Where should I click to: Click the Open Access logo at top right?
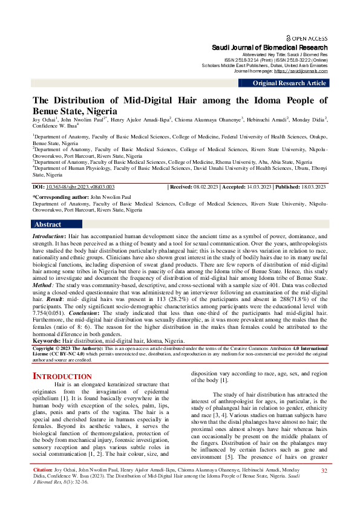click(x=307, y=37)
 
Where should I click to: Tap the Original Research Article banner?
click(x=289, y=83)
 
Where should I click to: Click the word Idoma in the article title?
click(x=258, y=100)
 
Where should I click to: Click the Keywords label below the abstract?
click(x=49, y=341)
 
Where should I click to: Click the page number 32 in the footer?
click(x=324, y=487)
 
